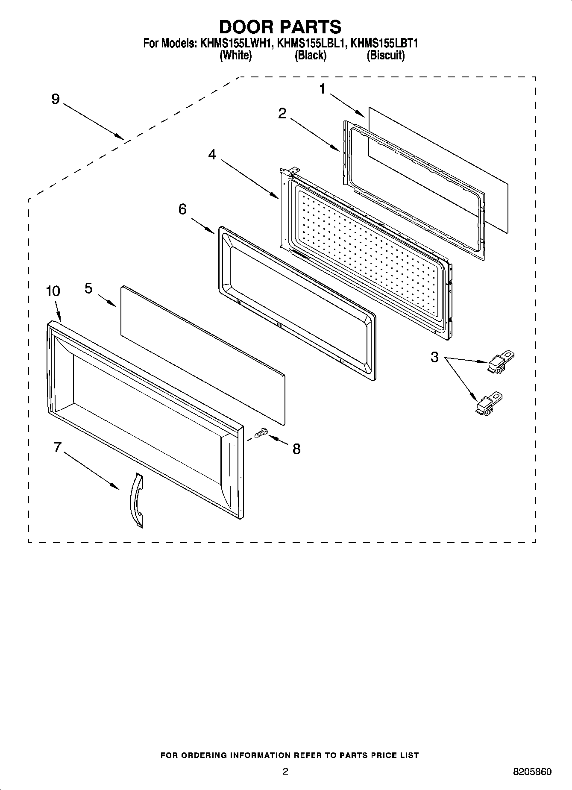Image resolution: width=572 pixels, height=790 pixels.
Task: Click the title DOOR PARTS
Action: (280, 26)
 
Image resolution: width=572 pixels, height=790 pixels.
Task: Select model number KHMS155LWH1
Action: (234, 44)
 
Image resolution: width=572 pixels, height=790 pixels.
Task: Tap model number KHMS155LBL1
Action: (311, 44)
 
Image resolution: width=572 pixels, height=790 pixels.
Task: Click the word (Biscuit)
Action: (385, 55)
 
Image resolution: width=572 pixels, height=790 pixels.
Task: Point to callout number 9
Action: (56, 99)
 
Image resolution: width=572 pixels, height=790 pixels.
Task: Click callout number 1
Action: (322, 89)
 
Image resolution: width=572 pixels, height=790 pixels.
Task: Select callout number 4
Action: (212, 155)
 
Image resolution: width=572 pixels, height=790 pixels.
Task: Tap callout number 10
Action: (53, 291)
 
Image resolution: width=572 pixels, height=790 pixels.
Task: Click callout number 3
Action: (434, 357)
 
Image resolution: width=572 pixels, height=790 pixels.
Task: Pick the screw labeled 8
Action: (260, 434)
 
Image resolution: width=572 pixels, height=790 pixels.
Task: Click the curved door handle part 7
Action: (137, 500)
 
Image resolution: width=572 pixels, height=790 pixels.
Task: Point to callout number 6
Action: (182, 209)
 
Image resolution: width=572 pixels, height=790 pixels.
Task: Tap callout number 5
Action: (88, 288)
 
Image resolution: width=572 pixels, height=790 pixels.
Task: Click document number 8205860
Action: (532, 772)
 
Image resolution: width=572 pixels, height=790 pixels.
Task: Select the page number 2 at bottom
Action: (285, 771)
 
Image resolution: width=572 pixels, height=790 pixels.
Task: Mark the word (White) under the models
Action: (235, 55)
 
